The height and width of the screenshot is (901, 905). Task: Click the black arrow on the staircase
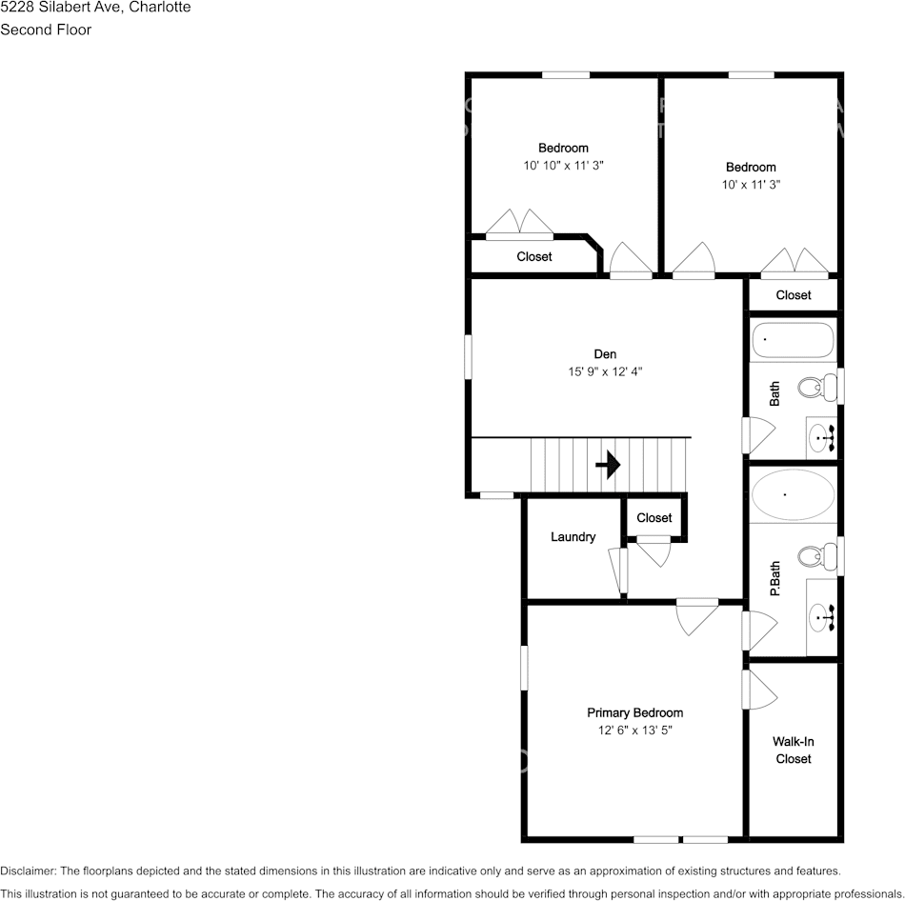tap(608, 465)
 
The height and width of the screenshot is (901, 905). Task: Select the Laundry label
tap(573, 537)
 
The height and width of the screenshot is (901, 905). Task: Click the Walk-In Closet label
tap(793, 750)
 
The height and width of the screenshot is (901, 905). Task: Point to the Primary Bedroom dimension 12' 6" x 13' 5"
tap(634, 731)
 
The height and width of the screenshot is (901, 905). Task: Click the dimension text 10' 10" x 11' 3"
tap(563, 165)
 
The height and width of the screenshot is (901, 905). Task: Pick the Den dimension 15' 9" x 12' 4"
tap(605, 371)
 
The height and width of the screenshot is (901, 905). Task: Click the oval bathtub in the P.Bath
tap(793, 495)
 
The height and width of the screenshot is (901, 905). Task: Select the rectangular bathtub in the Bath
tap(793, 340)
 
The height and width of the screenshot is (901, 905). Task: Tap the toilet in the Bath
tap(813, 388)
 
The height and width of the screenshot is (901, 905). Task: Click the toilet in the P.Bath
tap(813, 556)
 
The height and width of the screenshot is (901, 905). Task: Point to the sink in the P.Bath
tap(821, 618)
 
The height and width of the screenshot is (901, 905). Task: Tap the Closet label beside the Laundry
tap(654, 518)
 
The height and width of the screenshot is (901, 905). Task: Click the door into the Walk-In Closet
tap(758, 689)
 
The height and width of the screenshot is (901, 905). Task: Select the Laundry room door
tap(620, 570)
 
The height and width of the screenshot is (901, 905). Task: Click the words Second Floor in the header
tap(46, 30)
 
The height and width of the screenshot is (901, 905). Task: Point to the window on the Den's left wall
tap(468, 356)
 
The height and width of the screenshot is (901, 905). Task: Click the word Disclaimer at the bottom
tap(28, 871)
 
